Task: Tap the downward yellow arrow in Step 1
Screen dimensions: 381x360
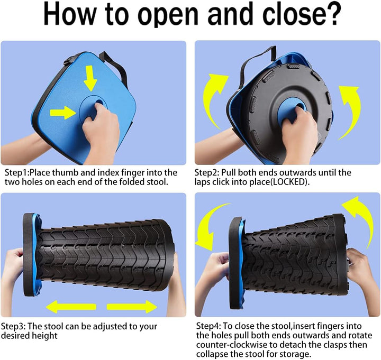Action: (90, 78)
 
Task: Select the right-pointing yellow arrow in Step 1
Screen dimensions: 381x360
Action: (62, 113)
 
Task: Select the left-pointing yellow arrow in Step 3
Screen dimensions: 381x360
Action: (71, 307)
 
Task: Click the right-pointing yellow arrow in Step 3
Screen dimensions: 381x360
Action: (132, 307)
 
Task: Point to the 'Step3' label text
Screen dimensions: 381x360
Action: (12, 326)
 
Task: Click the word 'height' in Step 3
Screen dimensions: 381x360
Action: (44, 336)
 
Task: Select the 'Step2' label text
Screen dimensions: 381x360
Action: (206, 172)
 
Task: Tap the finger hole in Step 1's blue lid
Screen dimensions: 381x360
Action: (99, 102)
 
